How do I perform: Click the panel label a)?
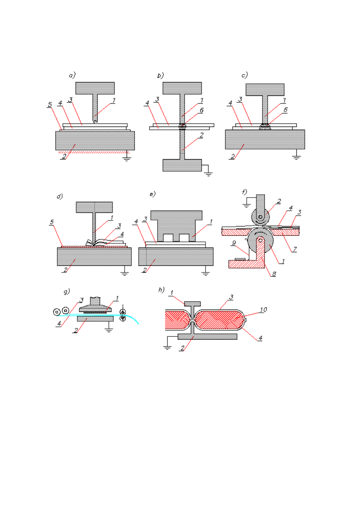point(72,75)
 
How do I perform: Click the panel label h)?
point(161,290)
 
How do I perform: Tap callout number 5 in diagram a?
point(50,104)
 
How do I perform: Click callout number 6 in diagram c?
point(285,110)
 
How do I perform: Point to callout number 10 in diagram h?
point(263,310)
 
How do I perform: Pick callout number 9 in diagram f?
point(234,243)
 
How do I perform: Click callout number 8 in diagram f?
point(274,274)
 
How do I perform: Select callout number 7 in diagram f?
point(295,249)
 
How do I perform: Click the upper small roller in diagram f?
point(260,217)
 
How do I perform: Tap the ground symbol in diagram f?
point(247,206)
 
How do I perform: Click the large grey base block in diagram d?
point(94,257)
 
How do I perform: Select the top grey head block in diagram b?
point(182,88)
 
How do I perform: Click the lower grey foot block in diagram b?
point(182,165)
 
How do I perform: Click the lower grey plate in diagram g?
point(95,319)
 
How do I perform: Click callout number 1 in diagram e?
point(211,222)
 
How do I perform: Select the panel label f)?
point(245,192)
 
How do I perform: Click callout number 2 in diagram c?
point(233,156)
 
